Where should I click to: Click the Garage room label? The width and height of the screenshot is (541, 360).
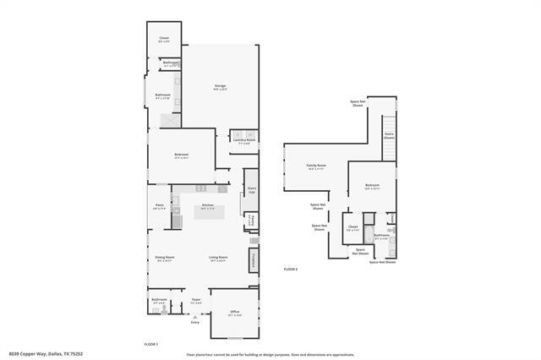(x=220, y=86)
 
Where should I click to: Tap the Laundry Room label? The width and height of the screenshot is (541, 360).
(x=244, y=141)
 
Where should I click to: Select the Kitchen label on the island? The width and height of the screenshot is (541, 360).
(x=208, y=206)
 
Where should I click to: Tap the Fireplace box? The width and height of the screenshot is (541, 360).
(x=253, y=260)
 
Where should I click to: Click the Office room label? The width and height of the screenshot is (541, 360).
(x=235, y=313)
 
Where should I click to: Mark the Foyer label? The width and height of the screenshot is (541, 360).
(x=195, y=300)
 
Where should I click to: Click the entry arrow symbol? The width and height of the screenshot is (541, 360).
(x=195, y=317)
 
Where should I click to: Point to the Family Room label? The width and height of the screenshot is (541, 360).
(x=317, y=167)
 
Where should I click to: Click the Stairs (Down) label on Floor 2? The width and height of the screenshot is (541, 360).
(x=389, y=135)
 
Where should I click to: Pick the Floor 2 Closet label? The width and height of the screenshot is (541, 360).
(x=352, y=226)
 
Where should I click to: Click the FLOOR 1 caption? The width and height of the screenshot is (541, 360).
(x=151, y=344)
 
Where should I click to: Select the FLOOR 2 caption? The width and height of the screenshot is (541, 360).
(x=291, y=269)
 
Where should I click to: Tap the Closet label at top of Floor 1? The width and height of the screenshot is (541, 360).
(x=164, y=39)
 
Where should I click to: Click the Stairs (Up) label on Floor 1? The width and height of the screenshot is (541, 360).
(x=251, y=190)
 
